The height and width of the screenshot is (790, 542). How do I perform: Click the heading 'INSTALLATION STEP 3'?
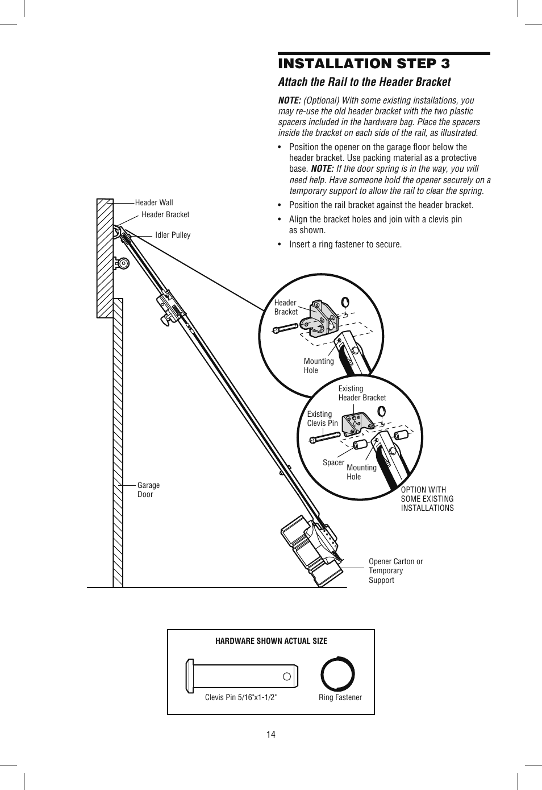[x=364, y=63]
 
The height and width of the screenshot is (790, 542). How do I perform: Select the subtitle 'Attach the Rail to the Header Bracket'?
[x=364, y=82]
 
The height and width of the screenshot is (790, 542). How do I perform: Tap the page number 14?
[x=271, y=734]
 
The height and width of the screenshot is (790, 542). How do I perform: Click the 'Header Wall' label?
[x=154, y=202]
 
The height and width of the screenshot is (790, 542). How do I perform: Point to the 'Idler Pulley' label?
[x=173, y=235]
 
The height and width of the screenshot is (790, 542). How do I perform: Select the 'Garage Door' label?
[x=148, y=490]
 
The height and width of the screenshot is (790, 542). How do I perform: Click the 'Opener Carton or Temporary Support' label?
[x=395, y=570]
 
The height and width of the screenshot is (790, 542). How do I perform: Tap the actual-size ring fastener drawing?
[x=337, y=674]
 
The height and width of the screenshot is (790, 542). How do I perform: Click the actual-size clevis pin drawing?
[x=242, y=676]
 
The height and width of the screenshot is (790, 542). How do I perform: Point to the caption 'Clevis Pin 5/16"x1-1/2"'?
[x=241, y=697]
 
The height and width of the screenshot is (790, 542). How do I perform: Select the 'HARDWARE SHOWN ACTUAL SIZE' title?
[x=271, y=641]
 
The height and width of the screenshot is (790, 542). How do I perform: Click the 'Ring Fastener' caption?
[x=340, y=697]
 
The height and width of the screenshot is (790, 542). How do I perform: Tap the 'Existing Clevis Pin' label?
[x=322, y=419]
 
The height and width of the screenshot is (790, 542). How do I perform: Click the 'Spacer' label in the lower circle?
[x=333, y=462]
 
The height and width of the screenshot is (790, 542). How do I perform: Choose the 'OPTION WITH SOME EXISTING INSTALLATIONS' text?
[x=427, y=499]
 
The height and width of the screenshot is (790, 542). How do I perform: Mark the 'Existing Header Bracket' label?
[x=362, y=393]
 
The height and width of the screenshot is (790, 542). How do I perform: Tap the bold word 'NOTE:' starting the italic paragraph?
[x=289, y=101]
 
